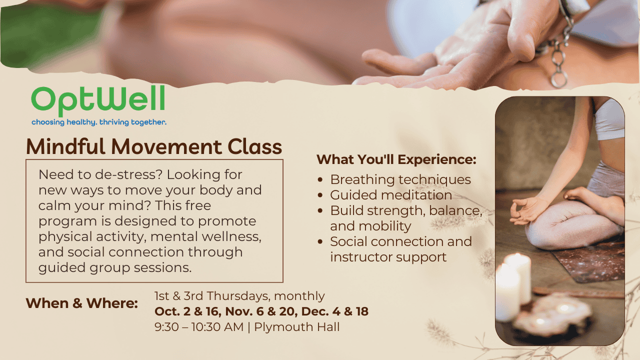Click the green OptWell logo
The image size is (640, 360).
tap(98, 101)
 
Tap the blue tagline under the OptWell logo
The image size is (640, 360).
tap(99, 122)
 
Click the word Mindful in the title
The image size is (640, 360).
tap(65, 147)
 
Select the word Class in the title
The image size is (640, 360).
tap(255, 147)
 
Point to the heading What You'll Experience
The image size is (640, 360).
tap(396, 159)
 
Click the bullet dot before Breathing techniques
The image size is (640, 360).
tap(320, 180)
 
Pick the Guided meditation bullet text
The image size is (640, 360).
tap(391, 195)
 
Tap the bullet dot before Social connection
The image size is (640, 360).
tap(320, 241)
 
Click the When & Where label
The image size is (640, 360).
tap(81, 303)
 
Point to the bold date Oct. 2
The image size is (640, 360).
tap(172, 311)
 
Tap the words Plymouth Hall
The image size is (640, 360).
tap(297, 327)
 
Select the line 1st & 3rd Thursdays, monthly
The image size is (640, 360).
tap(239, 296)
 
